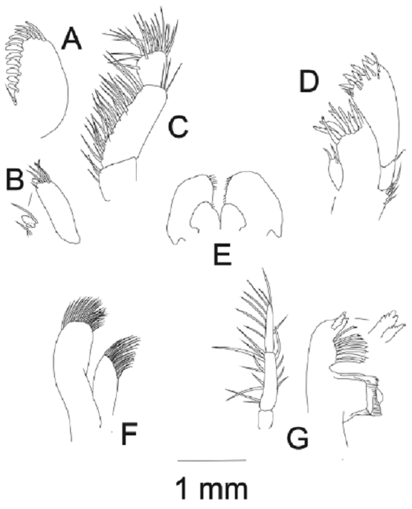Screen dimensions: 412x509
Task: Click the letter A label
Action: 72,39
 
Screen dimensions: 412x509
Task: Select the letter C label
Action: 178,127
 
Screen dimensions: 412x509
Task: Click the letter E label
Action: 222,254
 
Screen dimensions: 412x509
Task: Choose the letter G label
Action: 297,438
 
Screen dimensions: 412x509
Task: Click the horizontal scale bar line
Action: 212,459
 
